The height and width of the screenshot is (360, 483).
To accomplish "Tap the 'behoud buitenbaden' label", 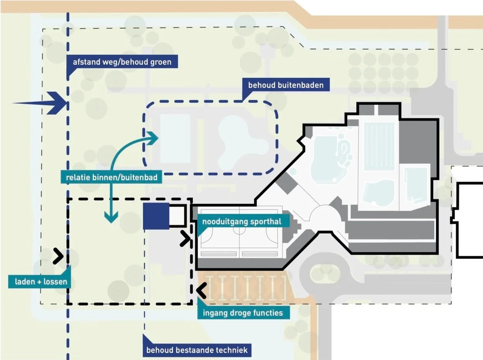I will coord(286,85).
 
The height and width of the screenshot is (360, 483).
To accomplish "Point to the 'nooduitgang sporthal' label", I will coord(242,222).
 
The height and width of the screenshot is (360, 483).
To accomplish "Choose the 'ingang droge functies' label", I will coord(243,313).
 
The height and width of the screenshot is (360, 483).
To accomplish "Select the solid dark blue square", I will coord(156,215).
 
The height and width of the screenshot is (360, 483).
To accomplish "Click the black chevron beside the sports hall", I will coord(185,239).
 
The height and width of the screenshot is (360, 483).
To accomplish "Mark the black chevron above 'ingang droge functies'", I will coord(201,290).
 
